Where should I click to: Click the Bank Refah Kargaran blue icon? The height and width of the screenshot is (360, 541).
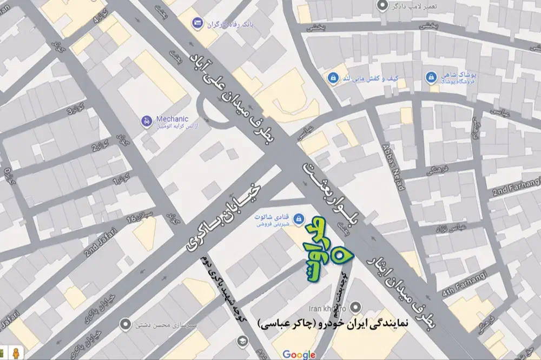pos(197,23)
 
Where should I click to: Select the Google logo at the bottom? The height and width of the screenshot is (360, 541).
pos(299,354)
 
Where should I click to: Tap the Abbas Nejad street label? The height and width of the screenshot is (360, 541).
pos(393,168)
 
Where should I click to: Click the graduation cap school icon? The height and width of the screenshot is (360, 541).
pos(242,339)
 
